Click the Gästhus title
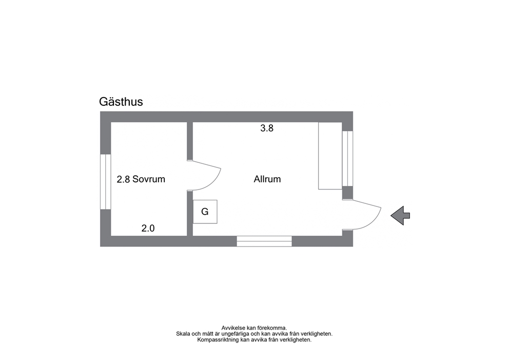(x=121, y=102)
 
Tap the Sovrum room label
(x=149, y=179)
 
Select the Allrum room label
(x=267, y=179)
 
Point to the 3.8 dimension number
(x=267, y=128)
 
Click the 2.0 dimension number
(x=148, y=228)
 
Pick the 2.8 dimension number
(x=123, y=179)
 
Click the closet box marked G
(x=205, y=212)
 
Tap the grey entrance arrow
(x=400, y=215)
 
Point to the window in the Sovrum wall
(x=106, y=182)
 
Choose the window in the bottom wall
(x=264, y=241)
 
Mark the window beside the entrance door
(x=348, y=159)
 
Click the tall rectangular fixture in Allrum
(x=330, y=156)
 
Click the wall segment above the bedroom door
(x=190, y=141)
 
